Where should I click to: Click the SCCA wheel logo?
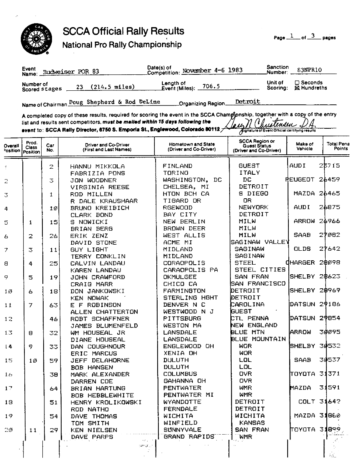[x=35, y=39]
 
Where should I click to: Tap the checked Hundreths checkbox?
[x=297, y=88]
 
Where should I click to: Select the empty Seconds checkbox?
[x=297, y=83]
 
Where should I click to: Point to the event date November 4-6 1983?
[x=212, y=70]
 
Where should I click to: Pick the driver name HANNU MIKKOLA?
[x=98, y=166]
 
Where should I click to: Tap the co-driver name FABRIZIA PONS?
[x=98, y=173]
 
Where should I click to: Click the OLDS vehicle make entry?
[x=302, y=249]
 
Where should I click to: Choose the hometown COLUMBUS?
[x=180, y=374]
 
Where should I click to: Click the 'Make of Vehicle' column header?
[x=304, y=146]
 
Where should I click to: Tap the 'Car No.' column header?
[x=50, y=148]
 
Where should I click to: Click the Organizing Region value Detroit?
[x=248, y=102]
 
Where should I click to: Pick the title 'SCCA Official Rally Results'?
[x=123, y=32]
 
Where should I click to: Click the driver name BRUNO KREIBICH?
[x=99, y=208]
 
